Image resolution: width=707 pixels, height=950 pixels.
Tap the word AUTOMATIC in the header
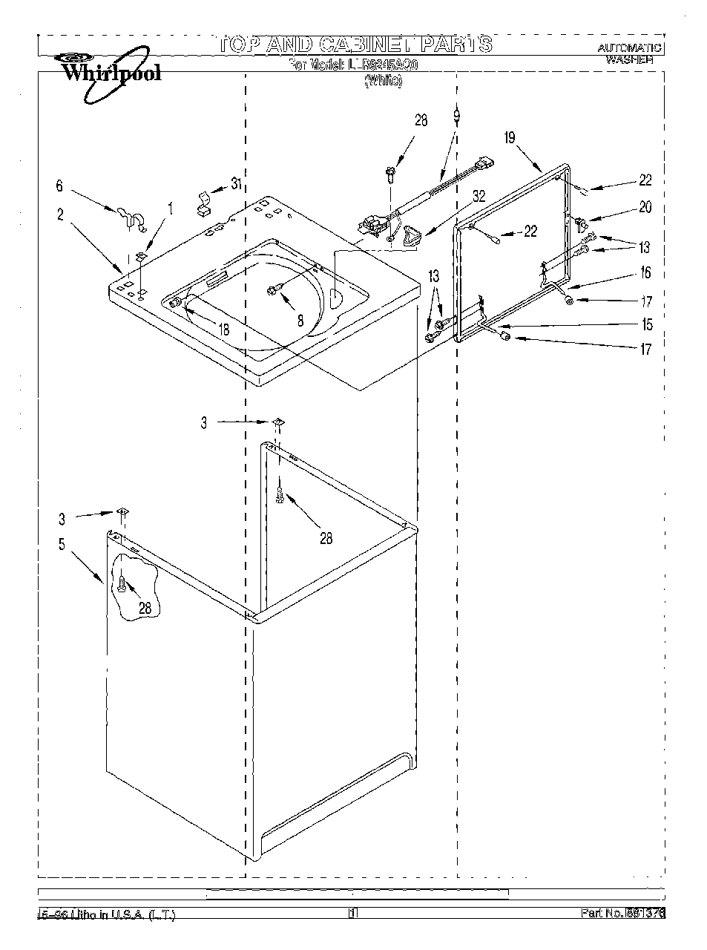click(x=630, y=47)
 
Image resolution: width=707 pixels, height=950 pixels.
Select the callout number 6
click(x=60, y=187)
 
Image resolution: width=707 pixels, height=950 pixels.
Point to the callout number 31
click(x=236, y=185)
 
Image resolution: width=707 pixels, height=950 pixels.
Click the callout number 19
click(x=509, y=137)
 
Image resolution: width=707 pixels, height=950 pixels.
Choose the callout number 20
click(x=645, y=208)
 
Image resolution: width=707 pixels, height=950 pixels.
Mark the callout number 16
click(x=645, y=273)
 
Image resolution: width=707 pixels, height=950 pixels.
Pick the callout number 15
click(x=647, y=324)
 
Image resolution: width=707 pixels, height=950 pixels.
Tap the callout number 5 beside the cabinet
click(x=62, y=545)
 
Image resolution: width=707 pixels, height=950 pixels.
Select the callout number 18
click(x=223, y=329)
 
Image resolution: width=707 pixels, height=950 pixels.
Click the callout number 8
click(x=300, y=321)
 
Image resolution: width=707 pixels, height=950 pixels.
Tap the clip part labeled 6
click(x=128, y=216)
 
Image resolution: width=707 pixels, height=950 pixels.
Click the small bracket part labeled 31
click(x=202, y=203)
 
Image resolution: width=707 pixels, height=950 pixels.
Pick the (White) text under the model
click(x=382, y=82)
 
